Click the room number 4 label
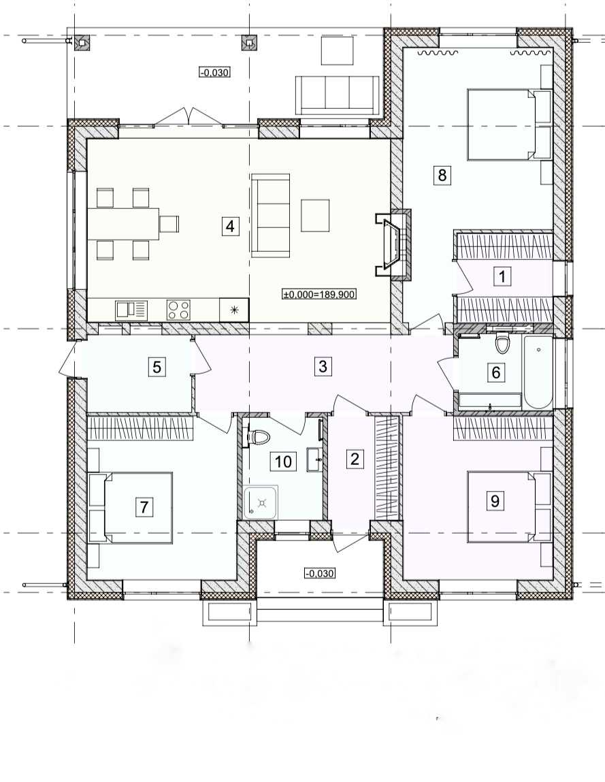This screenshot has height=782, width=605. (229, 227)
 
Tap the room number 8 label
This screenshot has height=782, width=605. (442, 175)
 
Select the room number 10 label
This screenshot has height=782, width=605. (283, 461)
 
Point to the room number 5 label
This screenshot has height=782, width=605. (157, 368)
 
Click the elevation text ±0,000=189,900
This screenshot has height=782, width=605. (319, 295)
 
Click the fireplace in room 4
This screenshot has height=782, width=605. (393, 244)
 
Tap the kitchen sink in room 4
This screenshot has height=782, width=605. (131, 310)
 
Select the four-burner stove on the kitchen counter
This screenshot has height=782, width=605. (178, 310)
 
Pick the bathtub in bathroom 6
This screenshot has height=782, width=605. (538, 372)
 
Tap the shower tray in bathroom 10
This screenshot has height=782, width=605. (261, 503)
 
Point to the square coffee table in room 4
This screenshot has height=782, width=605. (315, 215)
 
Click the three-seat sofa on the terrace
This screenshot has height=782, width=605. (337, 95)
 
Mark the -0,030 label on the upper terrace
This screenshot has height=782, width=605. (214, 72)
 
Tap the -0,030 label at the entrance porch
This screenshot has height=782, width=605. (319, 574)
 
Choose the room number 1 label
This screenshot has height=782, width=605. (502, 276)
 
